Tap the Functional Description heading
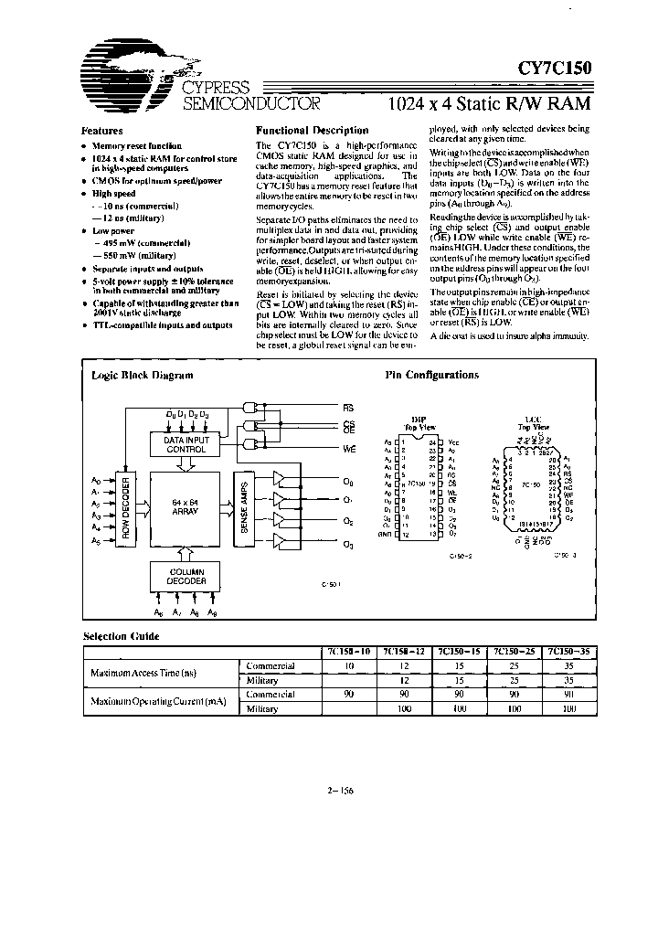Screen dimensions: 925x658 coord(312,131)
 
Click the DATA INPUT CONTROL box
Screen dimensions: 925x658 coord(186,444)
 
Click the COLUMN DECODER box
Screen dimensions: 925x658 coord(186,577)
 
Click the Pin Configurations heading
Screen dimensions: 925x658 coord(431,375)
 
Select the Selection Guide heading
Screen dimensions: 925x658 coord(122,636)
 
